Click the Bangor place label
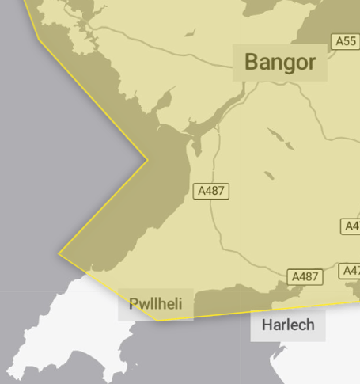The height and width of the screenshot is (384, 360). pyautogui.click(x=280, y=62)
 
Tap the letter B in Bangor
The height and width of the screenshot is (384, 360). pyautogui.click(x=252, y=62)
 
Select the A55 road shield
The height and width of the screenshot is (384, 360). pyautogui.click(x=345, y=41)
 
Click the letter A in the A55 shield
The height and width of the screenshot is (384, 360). pyautogui.click(x=339, y=41)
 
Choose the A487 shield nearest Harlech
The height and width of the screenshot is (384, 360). pyautogui.click(x=305, y=276)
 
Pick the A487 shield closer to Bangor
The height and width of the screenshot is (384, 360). pyautogui.click(x=211, y=191)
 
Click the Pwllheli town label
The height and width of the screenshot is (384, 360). pyautogui.click(x=155, y=304)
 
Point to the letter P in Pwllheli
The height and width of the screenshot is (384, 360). pyautogui.click(x=134, y=304)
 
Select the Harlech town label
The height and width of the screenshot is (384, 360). pyautogui.click(x=288, y=325)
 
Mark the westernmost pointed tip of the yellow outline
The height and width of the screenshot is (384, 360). pyautogui.click(x=59, y=254)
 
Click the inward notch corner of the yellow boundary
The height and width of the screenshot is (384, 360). pyautogui.click(x=147, y=160)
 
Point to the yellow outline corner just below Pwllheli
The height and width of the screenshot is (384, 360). pyautogui.click(x=158, y=320)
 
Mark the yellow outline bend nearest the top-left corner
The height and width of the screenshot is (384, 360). pyautogui.click(x=38, y=36)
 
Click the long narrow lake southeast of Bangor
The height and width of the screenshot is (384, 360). pyautogui.click(x=280, y=139)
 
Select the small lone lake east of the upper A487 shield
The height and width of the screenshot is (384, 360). pyautogui.click(x=269, y=175)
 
